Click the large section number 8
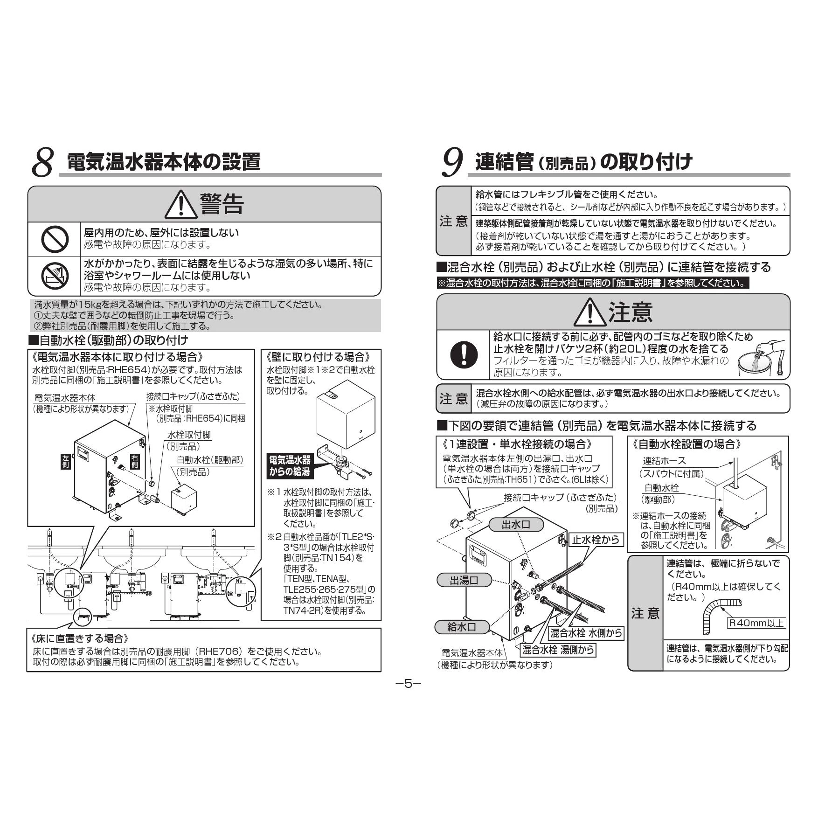click(x=43, y=163)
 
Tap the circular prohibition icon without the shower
click(x=55, y=239)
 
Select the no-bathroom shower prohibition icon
click(x=55, y=276)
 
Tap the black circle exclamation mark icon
click(x=464, y=354)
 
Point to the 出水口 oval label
click(x=516, y=525)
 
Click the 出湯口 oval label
click(x=464, y=580)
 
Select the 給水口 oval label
click(x=462, y=627)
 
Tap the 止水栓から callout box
click(x=596, y=540)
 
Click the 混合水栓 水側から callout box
click(x=586, y=633)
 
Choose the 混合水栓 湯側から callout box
click(x=558, y=650)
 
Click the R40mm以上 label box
click(x=756, y=623)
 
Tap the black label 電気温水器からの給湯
click(x=289, y=465)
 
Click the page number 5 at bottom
click(x=409, y=684)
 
